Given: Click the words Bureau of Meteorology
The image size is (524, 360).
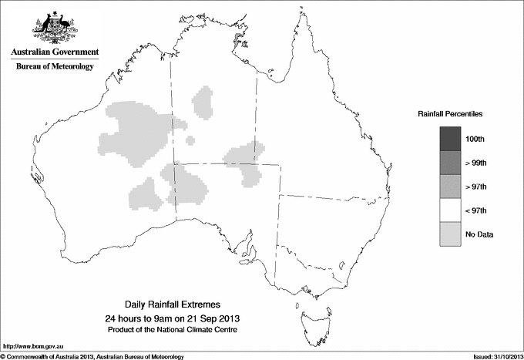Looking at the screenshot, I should [x=55, y=67].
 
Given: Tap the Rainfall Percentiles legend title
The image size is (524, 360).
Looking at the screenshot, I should [x=450, y=114].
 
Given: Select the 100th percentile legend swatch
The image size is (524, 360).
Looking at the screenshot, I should [x=450, y=139].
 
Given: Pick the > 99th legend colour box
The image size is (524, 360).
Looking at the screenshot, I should [x=450, y=163].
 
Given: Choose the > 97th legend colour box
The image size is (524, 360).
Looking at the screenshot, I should [x=450, y=187].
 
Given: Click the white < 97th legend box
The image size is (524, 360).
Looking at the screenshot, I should [x=450, y=210].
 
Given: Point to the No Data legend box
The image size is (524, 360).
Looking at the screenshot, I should [x=450, y=234].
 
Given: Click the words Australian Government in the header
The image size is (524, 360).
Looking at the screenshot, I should [x=55, y=52].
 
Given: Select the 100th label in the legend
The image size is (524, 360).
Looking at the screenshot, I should [x=475, y=139].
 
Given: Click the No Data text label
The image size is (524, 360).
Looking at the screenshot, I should [x=479, y=234].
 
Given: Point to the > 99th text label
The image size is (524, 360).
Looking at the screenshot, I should [x=476, y=163].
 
